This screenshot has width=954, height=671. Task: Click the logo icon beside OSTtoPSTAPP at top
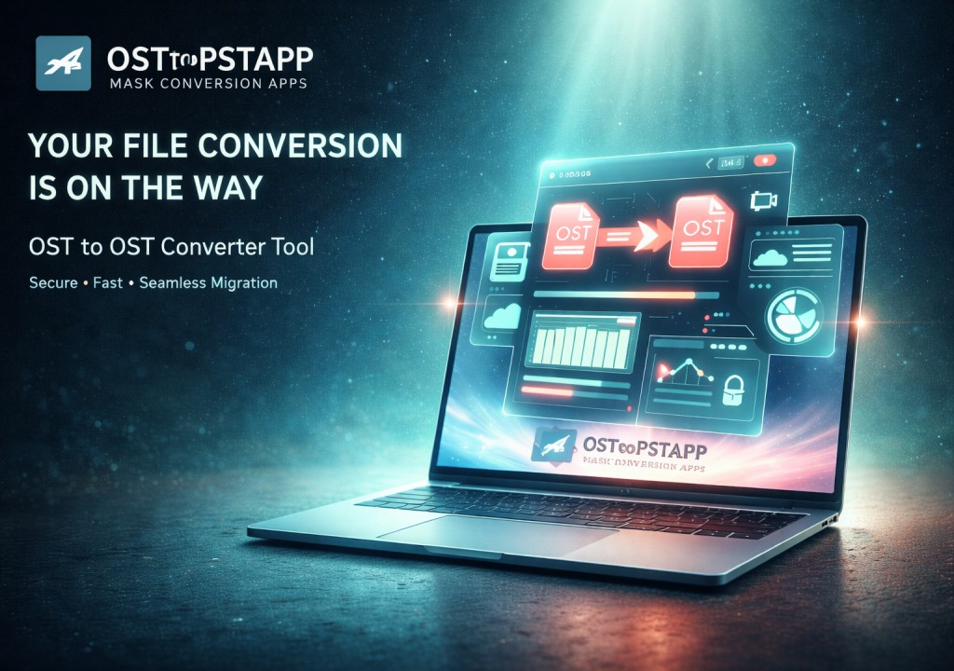62,63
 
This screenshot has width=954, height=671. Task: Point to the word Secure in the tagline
52,282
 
